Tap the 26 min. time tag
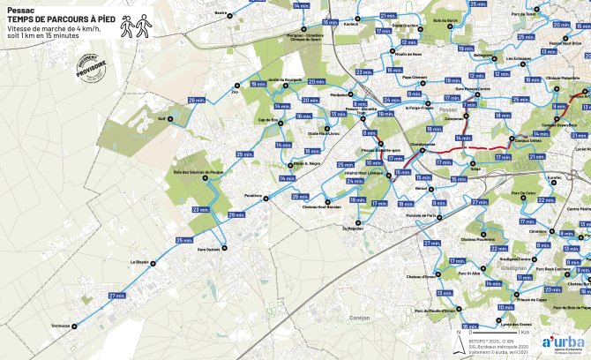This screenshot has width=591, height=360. tap(195, 100)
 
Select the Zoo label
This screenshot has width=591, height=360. tap(235, 90)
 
